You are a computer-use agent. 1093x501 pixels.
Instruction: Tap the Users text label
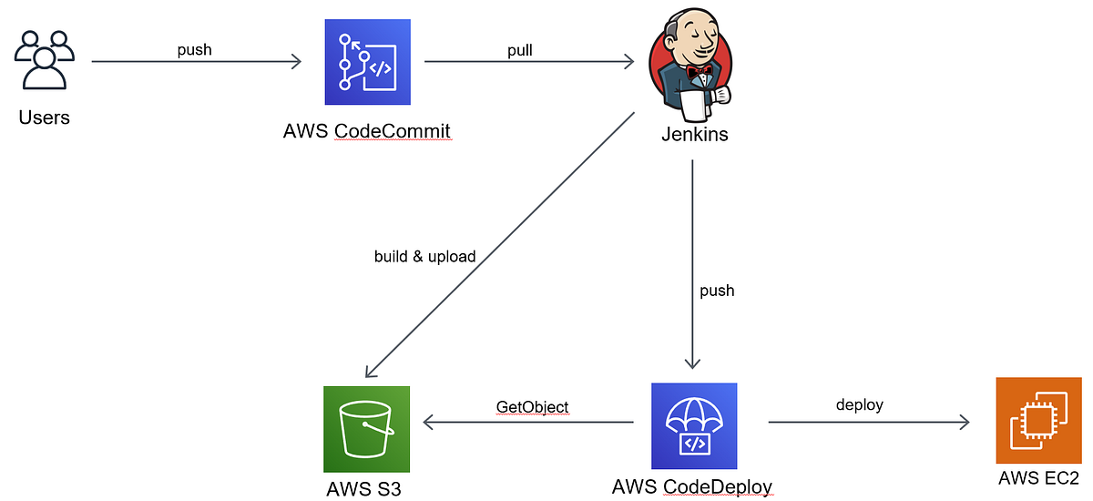pyautogui.click(x=44, y=118)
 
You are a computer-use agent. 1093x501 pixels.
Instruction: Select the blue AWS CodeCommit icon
pyautogui.click(x=367, y=62)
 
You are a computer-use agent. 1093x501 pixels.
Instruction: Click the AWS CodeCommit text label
pyautogui.click(x=367, y=131)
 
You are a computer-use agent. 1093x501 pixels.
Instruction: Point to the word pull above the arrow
pyautogui.click(x=520, y=50)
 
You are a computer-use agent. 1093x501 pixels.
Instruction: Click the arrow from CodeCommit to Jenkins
pyautogui.click(x=528, y=62)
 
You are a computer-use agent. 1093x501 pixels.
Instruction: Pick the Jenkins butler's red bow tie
pyautogui.click(x=699, y=71)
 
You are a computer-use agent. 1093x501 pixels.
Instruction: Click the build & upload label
pyautogui.click(x=424, y=257)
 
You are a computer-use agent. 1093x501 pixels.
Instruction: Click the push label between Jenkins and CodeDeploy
pyautogui.click(x=717, y=291)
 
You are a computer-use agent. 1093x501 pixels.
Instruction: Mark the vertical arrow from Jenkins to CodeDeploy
pyautogui.click(x=693, y=264)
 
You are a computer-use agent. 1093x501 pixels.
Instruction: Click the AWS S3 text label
pyautogui.click(x=363, y=489)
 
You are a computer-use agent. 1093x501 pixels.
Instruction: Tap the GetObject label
pyautogui.click(x=533, y=406)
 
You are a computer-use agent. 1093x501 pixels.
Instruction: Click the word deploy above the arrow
pyautogui.click(x=859, y=404)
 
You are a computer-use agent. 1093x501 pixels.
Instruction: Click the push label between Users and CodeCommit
pyautogui.click(x=194, y=50)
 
